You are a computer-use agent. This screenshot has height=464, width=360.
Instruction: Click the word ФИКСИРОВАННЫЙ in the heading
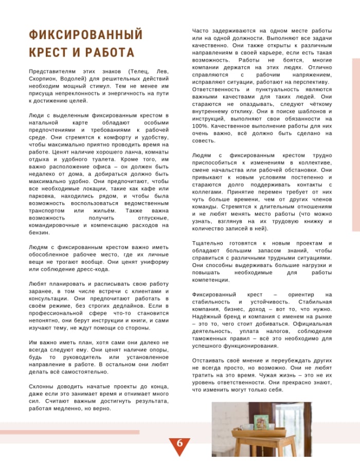pyautogui.click(x=86, y=35)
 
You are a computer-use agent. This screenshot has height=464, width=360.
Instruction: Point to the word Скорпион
pyautogui.click(x=44, y=78)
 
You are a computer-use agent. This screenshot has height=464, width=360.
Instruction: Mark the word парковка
pyautogui.click(x=44, y=196)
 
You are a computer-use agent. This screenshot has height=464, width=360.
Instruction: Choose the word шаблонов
pyautogui.click(x=305, y=111)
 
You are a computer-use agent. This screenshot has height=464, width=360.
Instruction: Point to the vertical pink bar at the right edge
pyautogui.click(x=355, y=145)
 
